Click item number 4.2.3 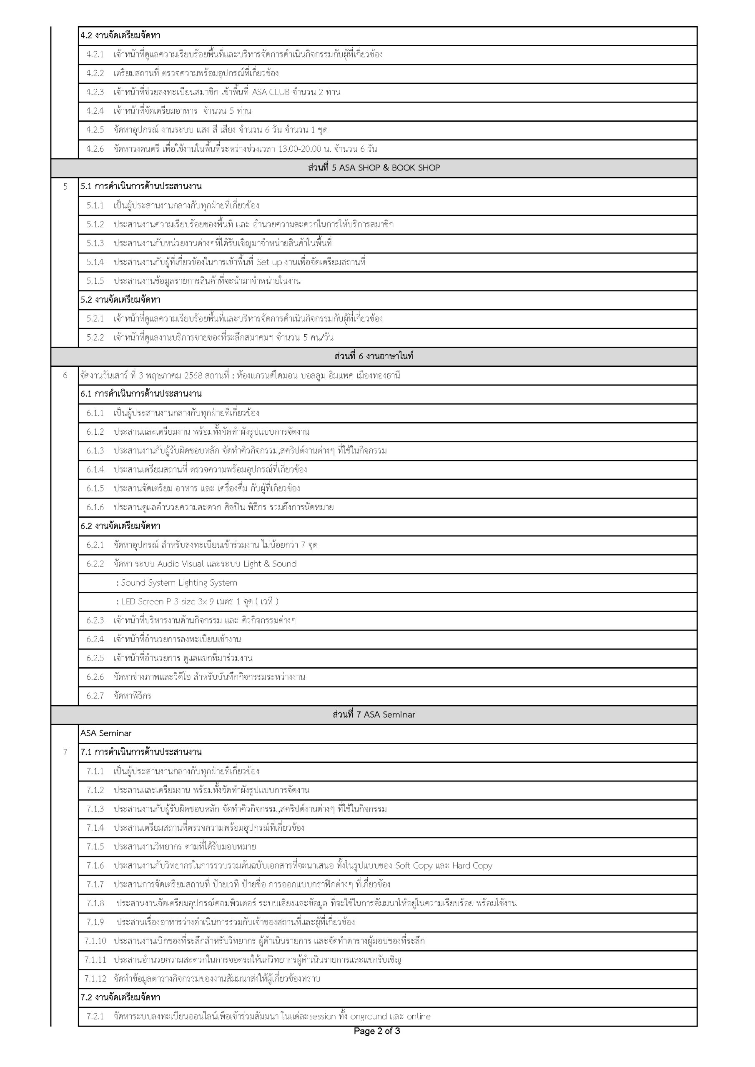(95, 92)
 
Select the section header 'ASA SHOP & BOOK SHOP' (374, 168)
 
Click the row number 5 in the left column (65, 187)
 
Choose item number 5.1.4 (95, 262)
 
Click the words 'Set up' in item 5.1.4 (270, 262)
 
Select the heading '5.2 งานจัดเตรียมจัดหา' (120, 300)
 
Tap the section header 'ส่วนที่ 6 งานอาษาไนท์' (374, 356)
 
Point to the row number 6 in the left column (65, 376)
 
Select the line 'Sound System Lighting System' (179, 583)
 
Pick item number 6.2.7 (95, 696)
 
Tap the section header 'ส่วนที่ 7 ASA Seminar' (374, 715)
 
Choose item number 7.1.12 (95, 979)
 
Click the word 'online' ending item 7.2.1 (419, 1016)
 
